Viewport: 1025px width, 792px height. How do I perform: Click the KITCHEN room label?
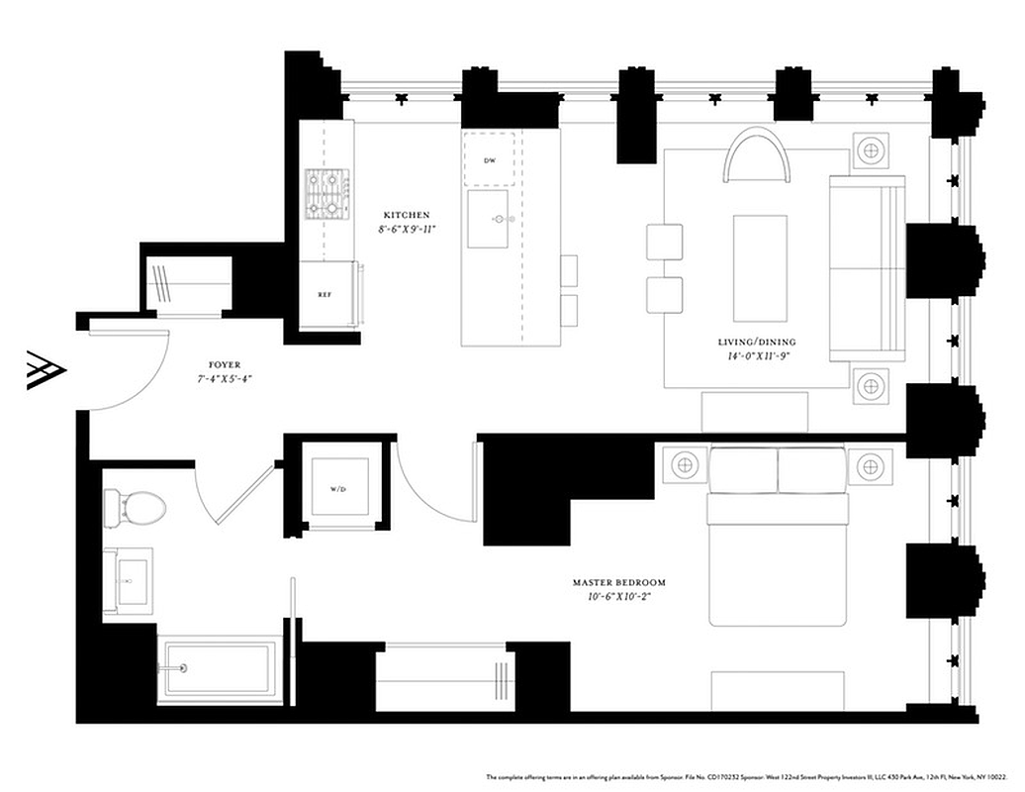click(x=406, y=215)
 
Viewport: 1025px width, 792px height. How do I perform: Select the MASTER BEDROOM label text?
click(x=618, y=583)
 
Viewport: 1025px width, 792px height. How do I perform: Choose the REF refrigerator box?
click(x=324, y=294)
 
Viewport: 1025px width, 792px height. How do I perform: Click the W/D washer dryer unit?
click(x=339, y=487)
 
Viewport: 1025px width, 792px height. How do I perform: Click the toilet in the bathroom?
click(x=136, y=508)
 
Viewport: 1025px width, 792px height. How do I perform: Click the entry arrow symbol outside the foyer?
click(x=46, y=370)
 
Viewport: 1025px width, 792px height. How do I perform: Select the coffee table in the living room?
click(x=759, y=254)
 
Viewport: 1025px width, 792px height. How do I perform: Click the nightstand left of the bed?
click(x=683, y=463)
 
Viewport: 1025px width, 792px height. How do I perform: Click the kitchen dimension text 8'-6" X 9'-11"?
click(x=406, y=229)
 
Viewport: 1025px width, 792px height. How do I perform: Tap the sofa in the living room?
click(x=867, y=267)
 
